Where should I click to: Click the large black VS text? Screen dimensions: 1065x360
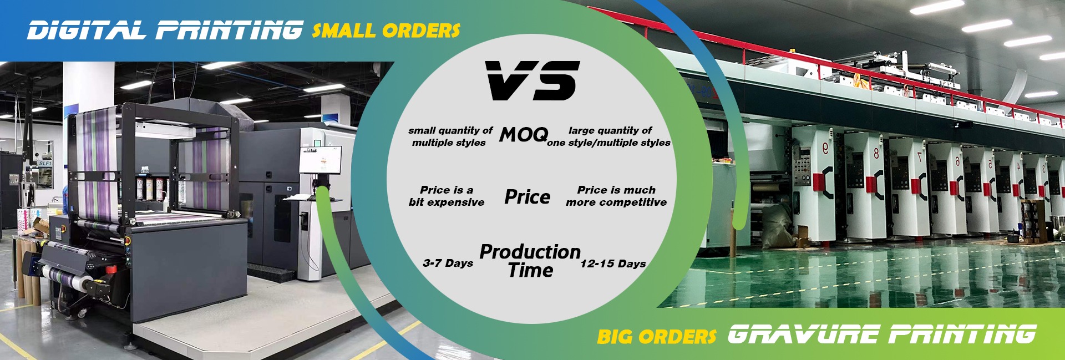click(x=532, y=81)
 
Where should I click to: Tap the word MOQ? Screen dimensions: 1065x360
click(x=524, y=135)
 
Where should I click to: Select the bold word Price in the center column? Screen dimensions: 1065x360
click(x=528, y=197)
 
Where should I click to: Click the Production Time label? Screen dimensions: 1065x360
click(x=530, y=261)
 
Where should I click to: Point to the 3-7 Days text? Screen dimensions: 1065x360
click(x=448, y=263)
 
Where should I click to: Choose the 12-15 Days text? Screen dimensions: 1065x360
click(x=613, y=263)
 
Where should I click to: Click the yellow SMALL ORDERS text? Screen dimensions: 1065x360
click(x=386, y=30)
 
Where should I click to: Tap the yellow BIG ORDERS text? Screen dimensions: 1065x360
click(x=657, y=336)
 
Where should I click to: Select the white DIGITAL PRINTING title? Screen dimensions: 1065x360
click(x=165, y=30)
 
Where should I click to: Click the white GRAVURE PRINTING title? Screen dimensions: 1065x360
click(x=881, y=334)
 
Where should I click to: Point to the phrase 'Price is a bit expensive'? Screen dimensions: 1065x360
click(x=447, y=196)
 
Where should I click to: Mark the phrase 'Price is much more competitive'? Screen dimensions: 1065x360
click(x=616, y=196)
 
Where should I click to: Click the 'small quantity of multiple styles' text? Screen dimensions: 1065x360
click(x=450, y=136)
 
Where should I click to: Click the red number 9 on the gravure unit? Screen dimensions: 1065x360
click(x=825, y=148)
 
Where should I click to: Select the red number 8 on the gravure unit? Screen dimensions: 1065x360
click(x=876, y=153)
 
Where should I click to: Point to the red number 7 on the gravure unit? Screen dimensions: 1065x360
click(x=919, y=156)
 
